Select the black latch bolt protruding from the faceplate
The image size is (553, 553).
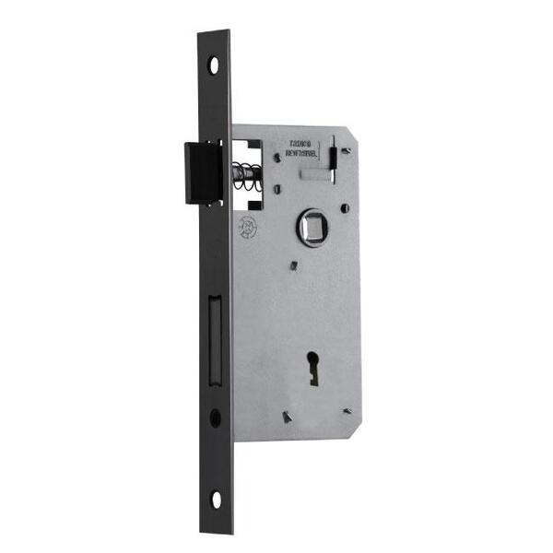(201, 172)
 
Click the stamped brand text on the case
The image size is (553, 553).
(306, 149)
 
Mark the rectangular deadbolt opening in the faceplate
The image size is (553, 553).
(215, 337)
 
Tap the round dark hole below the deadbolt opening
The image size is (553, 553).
(215, 417)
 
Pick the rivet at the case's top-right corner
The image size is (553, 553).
(346, 150)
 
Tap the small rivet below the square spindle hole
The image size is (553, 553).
(293, 266)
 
